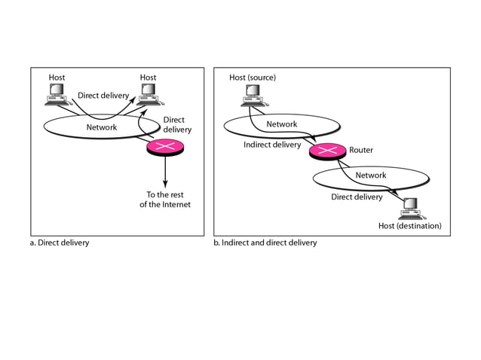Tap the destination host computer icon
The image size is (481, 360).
[410, 206]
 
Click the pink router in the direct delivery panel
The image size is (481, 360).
[164, 147]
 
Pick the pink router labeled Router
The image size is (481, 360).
[325, 151]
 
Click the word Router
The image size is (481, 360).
[361, 150]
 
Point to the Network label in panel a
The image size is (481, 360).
[101, 127]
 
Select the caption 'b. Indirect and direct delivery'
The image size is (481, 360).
[265, 243]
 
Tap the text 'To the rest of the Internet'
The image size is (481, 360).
[164, 200]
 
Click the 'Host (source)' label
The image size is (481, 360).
[253, 77]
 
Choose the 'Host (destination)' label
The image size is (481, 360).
[409, 226]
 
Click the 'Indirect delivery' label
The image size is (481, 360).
[272, 145]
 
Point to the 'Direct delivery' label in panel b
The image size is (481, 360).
[357, 197]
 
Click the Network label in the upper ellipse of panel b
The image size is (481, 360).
[281, 124]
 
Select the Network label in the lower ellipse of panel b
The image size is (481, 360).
[370, 175]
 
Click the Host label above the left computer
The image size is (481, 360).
[57, 77]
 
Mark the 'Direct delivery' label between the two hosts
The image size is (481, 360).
[103, 96]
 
